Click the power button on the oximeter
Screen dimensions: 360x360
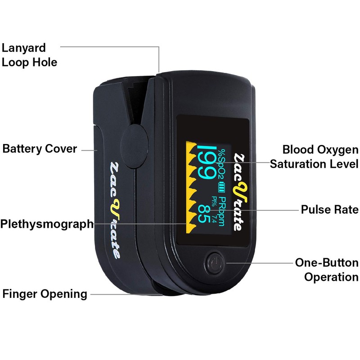point(215,263)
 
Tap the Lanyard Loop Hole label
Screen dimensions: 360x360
point(29,55)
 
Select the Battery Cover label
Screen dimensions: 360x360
point(40,148)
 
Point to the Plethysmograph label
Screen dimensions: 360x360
point(47,224)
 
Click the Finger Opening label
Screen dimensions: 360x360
point(45,294)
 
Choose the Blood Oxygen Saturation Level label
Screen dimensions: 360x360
point(314,157)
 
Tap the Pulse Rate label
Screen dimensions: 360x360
point(329,209)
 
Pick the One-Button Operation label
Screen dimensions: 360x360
point(327,270)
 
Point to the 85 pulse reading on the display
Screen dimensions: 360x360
point(204,214)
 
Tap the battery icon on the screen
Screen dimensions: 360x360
point(221,187)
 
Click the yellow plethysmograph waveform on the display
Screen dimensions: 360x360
point(191,187)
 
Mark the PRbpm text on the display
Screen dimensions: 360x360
point(221,211)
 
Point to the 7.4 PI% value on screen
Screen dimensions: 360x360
point(214,219)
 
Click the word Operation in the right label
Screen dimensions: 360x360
point(331,276)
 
